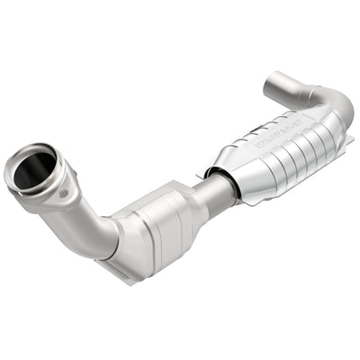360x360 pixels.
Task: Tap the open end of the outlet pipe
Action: click(272, 86)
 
